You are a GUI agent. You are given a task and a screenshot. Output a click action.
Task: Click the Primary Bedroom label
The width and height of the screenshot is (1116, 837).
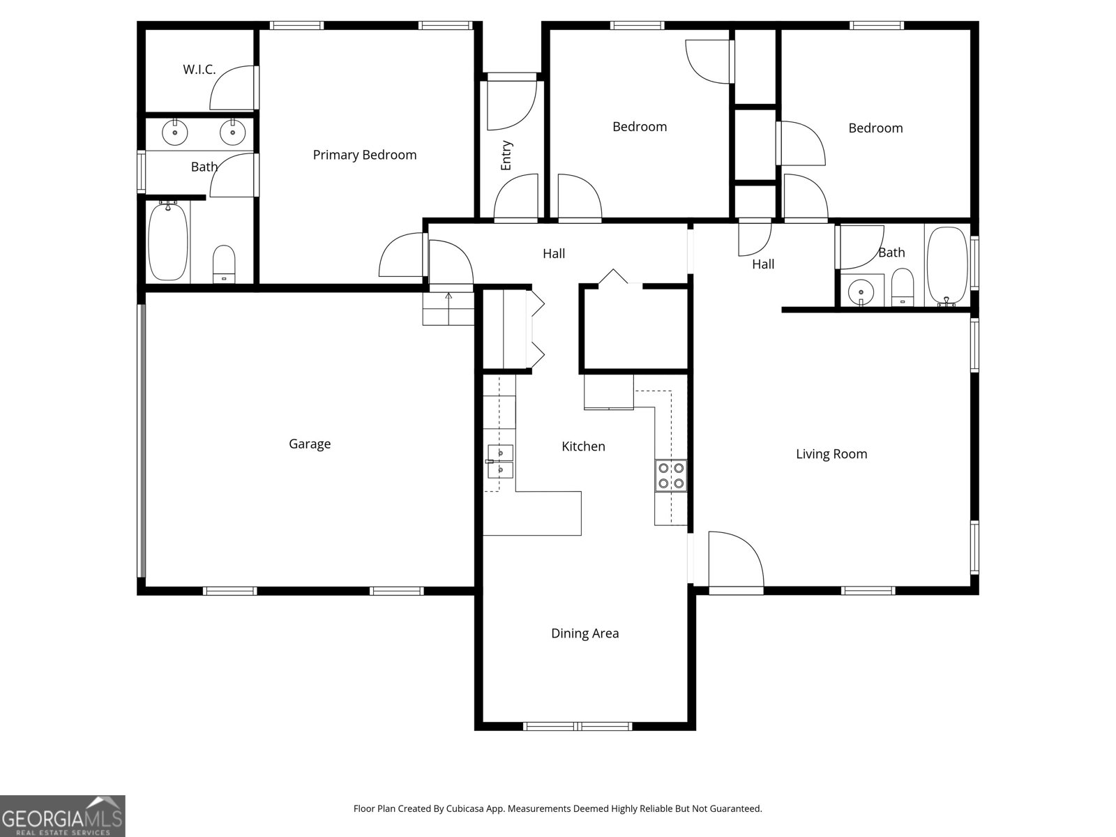[x=364, y=155]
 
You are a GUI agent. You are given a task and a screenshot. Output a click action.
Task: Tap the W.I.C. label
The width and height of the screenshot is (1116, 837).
[x=199, y=70]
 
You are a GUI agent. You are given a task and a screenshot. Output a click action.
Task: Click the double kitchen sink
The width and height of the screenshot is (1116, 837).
[x=500, y=461]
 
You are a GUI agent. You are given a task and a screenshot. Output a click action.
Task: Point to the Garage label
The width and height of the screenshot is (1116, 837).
[x=310, y=444]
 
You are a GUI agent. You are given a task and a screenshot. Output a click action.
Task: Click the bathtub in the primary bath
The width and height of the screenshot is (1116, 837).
[x=168, y=241]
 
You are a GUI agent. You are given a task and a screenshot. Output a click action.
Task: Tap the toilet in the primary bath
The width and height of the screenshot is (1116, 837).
[x=224, y=264]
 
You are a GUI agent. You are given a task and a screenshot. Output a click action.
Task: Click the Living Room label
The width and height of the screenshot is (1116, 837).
[x=831, y=454]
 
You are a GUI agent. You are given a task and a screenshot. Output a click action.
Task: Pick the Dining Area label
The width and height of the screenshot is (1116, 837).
[x=585, y=633]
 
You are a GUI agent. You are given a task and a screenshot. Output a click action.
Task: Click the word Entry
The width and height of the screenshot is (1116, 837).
[x=506, y=156]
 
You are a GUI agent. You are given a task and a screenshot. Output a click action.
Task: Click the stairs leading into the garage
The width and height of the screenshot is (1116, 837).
[x=448, y=308]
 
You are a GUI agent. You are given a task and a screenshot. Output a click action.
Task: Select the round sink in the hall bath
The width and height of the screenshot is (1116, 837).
[x=862, y=292]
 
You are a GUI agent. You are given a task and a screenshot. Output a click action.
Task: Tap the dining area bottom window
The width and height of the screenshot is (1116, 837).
[x=578, y=726]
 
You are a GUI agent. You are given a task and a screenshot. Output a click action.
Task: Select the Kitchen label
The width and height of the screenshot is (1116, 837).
[x=583, y=446]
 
